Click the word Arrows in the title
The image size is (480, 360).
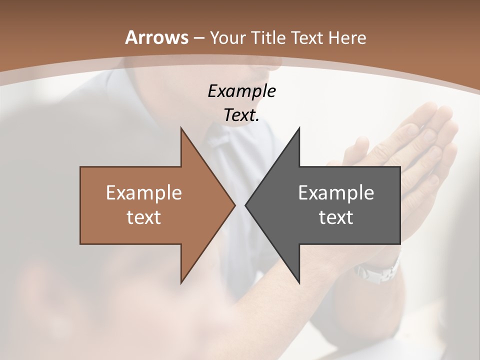pyautogui.click(x=156, y=37)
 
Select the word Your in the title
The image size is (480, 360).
pyautogui.click(x=225, y=38)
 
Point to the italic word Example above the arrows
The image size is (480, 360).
pyautogui.click(x=241, y=91)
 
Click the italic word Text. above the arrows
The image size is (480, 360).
pyautogui.click(x=241, y=115)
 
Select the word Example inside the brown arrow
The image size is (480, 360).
pyautogui.click(x=144, y=192)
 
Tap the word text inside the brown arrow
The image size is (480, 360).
pyautogui.click(x=144, y=217)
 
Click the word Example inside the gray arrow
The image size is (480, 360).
pyautogui.click(x=336, y=192)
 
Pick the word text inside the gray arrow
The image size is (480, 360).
pyautogui.click(x=336, y=217)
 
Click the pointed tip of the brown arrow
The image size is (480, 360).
pyautogui.click(x=234, y=205)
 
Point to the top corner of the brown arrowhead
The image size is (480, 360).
pyautogui.click(x=181, y=128)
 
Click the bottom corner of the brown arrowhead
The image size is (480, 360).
pyautogui.click(x=181, y=282)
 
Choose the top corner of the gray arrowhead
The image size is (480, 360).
pyautogui.click(x=299, y=128)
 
